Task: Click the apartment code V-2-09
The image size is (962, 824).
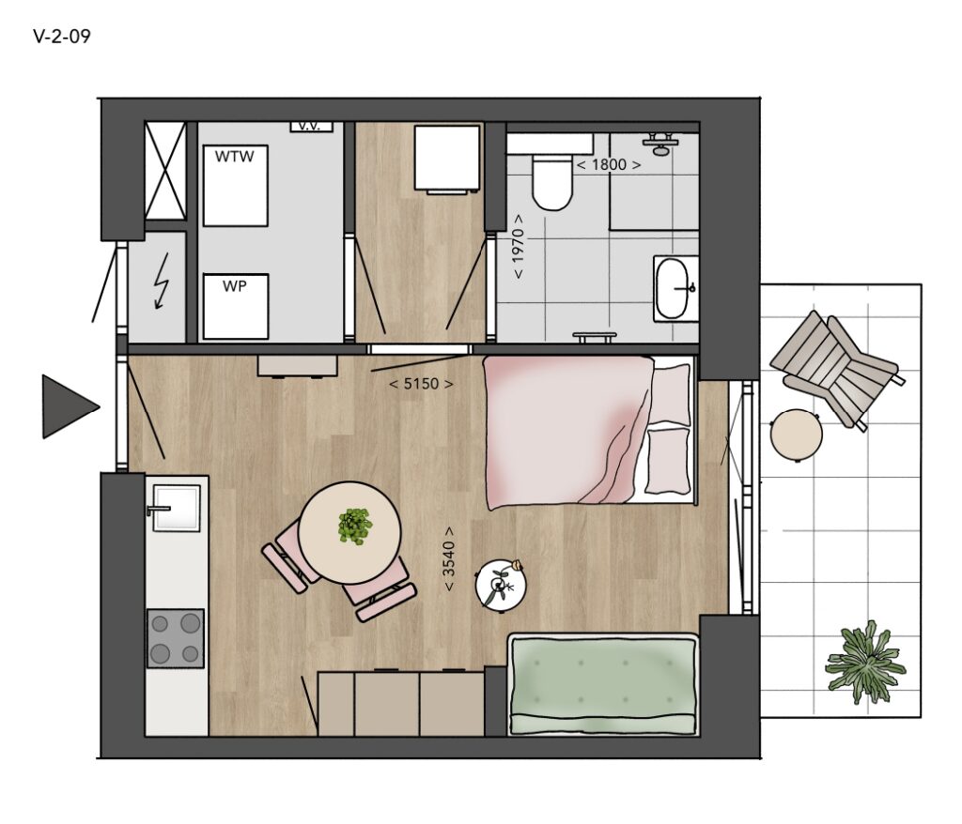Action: pyautogui.click(x=62, y=37)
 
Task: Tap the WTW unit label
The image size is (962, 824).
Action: pyautogui.click(x=234, y=157)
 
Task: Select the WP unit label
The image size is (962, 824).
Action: pyautogui.click(x=235, y=286)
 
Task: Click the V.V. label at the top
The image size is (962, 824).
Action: pyautogui.click(x=310, y=127)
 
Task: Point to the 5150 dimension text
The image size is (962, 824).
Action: pyautogui.click(x=422, y=384)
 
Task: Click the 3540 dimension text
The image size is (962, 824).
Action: pyautogui.click(x=449, y=558)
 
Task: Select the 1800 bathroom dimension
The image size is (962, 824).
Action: pyautogui.click(x=609, y=164)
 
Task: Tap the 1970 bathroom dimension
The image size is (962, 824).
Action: pyautogui.click(x=519, y=246)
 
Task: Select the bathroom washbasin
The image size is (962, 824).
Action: pyautogui.click(x=675, y=288)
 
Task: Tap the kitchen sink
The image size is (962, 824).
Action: pyautogui.click(x=176, y=508)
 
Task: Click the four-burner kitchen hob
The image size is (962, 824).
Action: pyautogui.click(x=176, y=639)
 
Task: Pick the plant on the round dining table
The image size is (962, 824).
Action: pyautogui.click(x=354, y=526)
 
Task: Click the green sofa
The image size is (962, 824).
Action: pyautogui.click(x=604, y=683)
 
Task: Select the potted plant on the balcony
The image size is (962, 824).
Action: pyautogui.click(x=865, y=663)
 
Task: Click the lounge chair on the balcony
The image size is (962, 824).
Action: pyautogui.click(x=837, y=368)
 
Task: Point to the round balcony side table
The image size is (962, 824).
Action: pyautogui.click(x=797, y=435)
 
